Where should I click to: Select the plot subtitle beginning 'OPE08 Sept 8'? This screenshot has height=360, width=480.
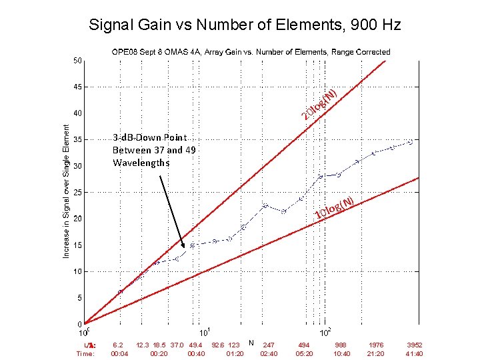click(x=251, y=52)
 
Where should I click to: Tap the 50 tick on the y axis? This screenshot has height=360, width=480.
click(x=78, y=61)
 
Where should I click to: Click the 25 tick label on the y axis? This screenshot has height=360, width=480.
click(x=78, y=193)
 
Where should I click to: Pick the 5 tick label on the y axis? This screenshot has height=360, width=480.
click(x=80, y=298)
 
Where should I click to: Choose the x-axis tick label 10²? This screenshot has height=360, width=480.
click(x=325, y=332)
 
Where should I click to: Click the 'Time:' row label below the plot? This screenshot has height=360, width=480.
click(x=86, y=354)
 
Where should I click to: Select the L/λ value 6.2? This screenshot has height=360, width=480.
click(x=118, y=345)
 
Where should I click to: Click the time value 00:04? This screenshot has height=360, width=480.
click(x=119, y=354)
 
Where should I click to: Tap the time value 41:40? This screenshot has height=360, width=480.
click(x=414, y=354)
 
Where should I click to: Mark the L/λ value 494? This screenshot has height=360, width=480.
click(x=303, y=345)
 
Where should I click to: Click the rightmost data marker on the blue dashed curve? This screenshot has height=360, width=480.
click(x=411, y=142)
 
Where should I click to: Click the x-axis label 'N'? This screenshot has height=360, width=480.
click(x=251, y=343)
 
